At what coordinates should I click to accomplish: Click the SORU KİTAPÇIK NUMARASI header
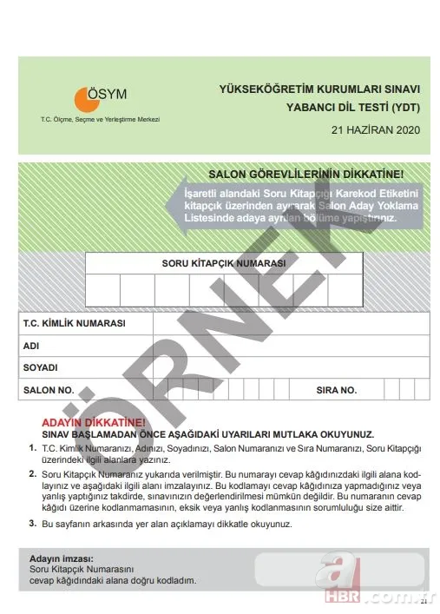[x=224, y=262]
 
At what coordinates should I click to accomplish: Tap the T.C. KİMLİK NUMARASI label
[x=75, y=323]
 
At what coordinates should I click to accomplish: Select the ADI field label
[x=32, y=346]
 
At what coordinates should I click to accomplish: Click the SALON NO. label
[x=49, y=390]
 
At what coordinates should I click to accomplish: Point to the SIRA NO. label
[x=337, y=390]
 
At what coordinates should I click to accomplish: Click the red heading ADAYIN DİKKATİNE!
[x=86, y=420]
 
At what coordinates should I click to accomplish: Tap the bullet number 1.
[x=32, y=446]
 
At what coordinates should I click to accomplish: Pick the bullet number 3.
[x=32, y=524]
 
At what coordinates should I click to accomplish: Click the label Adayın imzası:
[x=61, y=558]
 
